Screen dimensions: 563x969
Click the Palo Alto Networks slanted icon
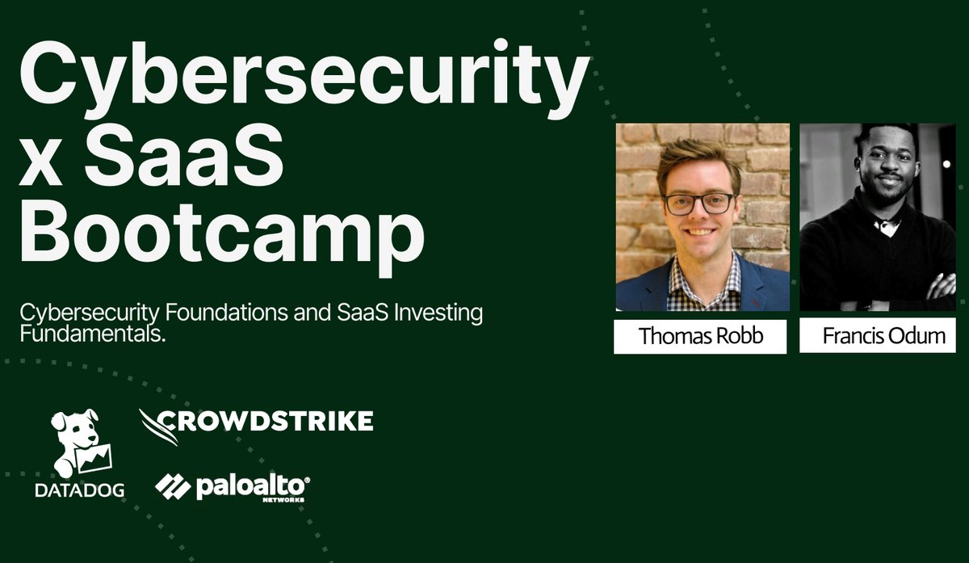[172, 486]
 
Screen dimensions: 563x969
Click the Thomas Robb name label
[700, 336]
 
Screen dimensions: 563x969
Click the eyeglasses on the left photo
[699, 203]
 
